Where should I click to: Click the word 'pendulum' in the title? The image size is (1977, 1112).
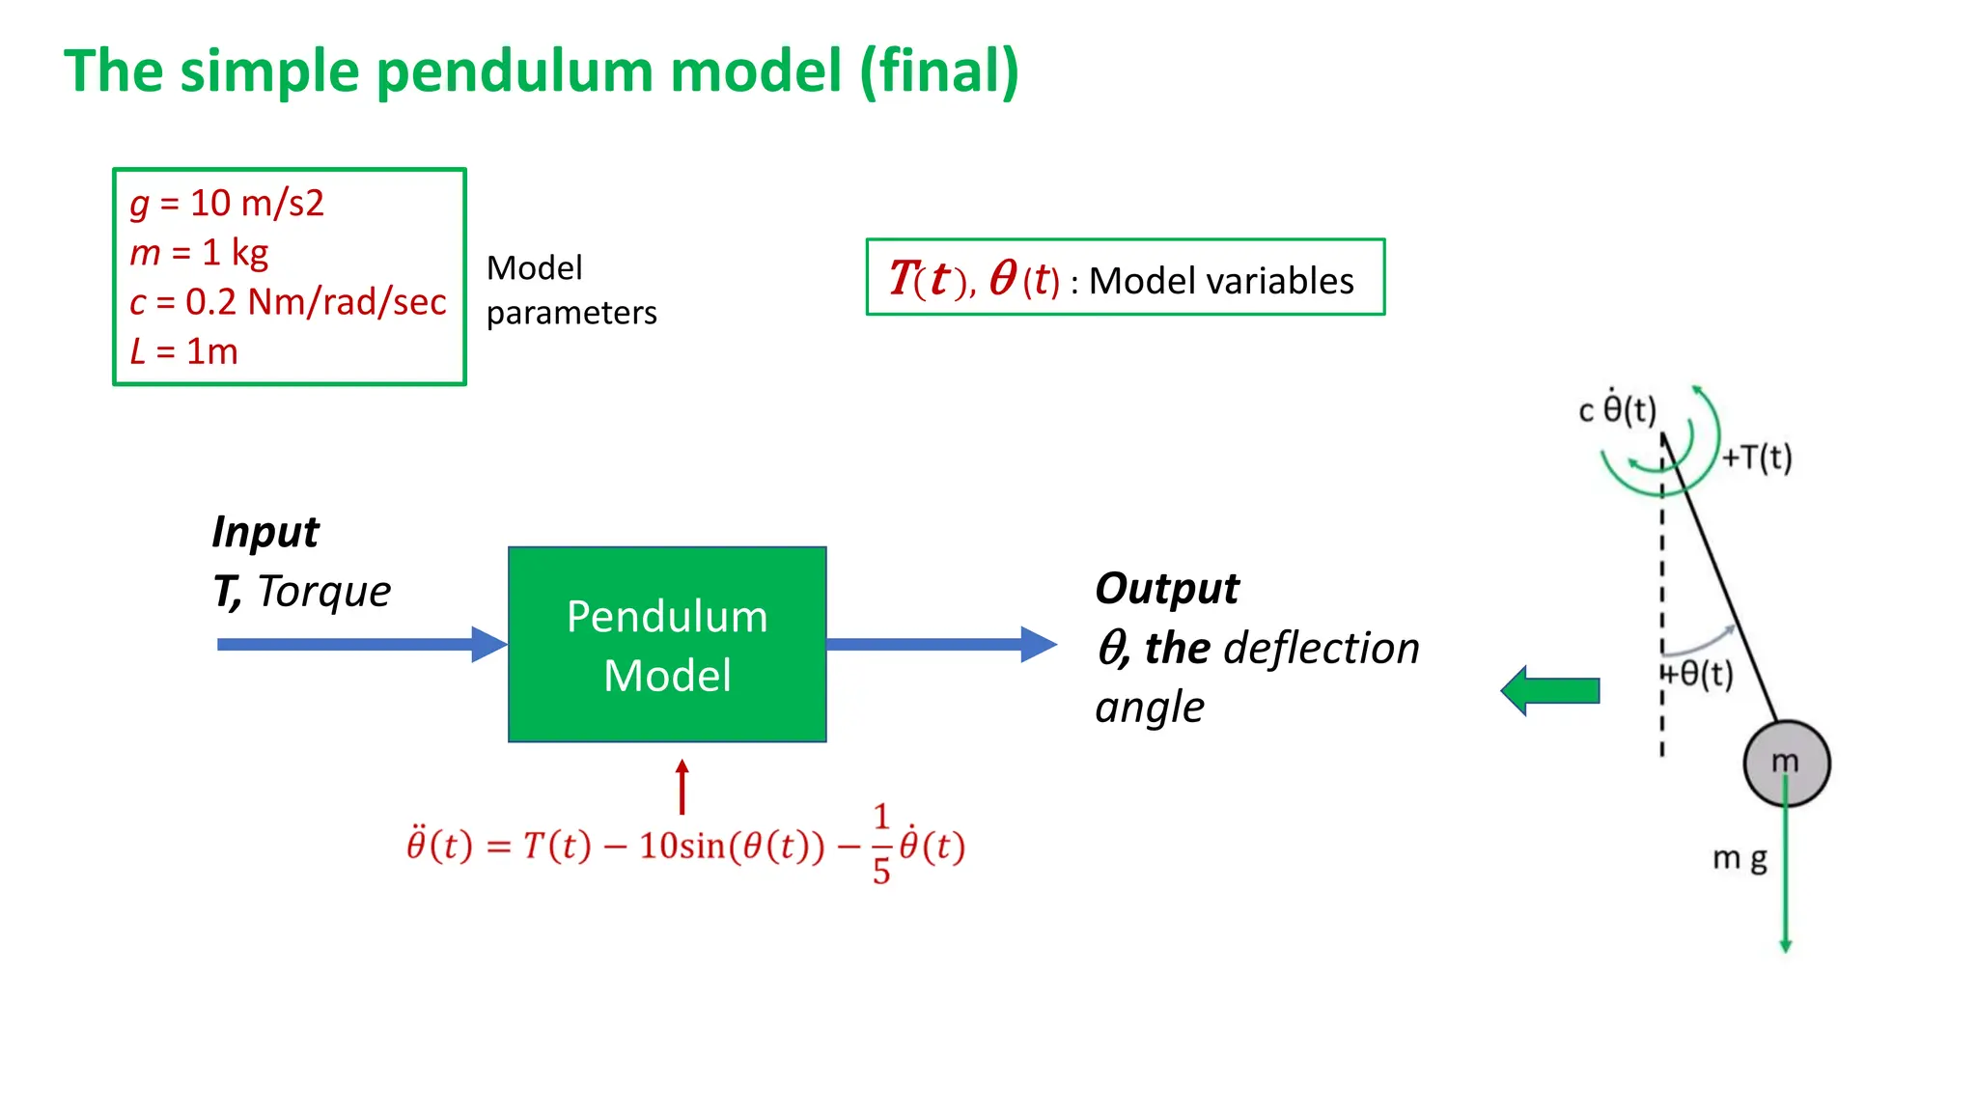512,72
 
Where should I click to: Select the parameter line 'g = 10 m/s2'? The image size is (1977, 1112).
227,204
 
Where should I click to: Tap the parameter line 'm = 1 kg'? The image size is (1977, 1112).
199,253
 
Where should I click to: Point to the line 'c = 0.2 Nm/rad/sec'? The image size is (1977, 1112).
288,302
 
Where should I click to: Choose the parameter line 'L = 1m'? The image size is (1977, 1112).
183,351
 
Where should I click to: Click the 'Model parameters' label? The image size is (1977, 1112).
571,290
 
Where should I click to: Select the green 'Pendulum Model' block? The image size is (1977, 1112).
667,645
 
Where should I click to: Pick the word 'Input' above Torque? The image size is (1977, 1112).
265,532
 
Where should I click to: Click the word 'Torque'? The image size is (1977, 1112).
324,591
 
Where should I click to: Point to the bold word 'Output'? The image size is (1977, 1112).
1166,588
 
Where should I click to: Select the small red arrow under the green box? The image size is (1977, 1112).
682,787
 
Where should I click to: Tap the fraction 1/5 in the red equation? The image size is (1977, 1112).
880,844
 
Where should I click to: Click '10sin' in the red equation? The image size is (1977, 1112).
682,846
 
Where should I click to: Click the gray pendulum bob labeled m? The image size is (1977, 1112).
1786,763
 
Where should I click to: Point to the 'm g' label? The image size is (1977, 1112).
1740,858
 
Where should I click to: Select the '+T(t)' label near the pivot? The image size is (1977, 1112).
1757,458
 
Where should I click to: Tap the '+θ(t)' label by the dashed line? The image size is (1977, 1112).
1699,673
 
